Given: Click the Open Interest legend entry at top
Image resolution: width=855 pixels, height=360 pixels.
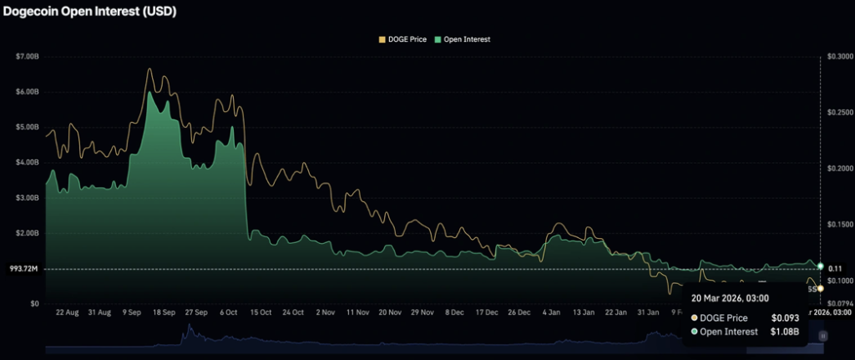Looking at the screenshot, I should coord(466,39).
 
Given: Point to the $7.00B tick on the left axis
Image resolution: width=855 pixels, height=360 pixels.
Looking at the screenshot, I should coord(28,56).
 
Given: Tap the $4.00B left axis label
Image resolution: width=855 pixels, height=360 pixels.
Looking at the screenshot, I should coord(28,162).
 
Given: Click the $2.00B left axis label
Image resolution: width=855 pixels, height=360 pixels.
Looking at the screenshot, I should coord(28,233).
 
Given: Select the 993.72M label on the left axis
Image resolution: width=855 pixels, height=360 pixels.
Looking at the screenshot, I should coord(25,269).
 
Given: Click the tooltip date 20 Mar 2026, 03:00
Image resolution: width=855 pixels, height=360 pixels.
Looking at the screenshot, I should coord(730,298).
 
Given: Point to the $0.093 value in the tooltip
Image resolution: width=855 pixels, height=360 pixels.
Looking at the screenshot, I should coord(785,318).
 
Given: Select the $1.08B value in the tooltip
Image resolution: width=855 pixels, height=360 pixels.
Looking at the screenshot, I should coord(785,332).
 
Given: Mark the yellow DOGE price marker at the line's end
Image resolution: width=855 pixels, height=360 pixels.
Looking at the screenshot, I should coord(821,288).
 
